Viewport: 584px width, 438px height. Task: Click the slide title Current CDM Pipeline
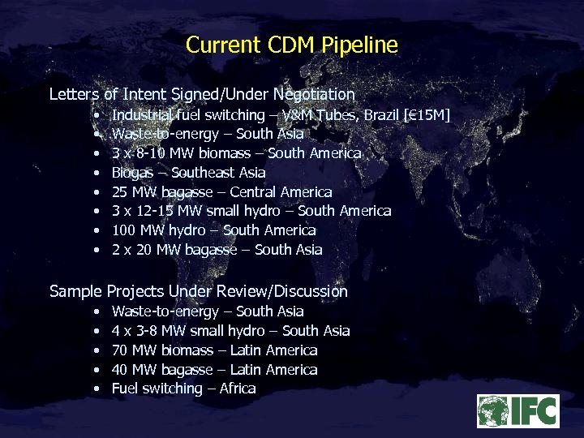(292, 45)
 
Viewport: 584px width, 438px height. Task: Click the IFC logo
(517, 411)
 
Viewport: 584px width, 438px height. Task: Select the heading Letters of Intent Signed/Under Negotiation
(202, 94)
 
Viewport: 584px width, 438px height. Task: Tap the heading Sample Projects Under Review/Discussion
(198, 291)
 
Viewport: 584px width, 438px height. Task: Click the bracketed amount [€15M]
(426, 114)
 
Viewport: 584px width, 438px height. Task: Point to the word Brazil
(381, 114)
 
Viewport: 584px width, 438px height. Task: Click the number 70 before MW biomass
(120, 350)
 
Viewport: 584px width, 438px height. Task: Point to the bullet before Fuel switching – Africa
(97, 389)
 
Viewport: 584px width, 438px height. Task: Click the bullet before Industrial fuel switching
(97, 115)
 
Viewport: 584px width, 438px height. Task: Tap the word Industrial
(143, 114)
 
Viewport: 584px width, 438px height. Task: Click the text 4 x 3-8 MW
(148, 331)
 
